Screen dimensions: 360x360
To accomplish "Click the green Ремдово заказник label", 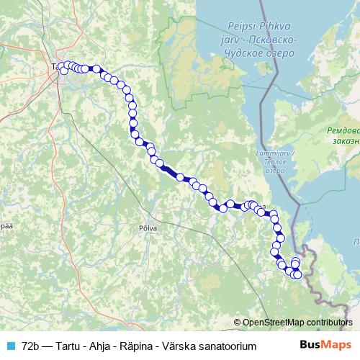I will [x=341, y=137].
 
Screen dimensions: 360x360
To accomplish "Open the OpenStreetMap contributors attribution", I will [x=302, y=322].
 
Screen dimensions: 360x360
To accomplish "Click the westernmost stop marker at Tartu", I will [x=63, y=71].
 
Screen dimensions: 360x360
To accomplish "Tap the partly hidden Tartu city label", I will [x=56, y=68].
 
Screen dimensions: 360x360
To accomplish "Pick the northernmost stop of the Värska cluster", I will [x=295, y=261].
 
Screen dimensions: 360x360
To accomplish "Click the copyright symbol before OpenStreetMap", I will [x=238, y=322].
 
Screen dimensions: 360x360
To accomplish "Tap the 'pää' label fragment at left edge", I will [x=6, y=225].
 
